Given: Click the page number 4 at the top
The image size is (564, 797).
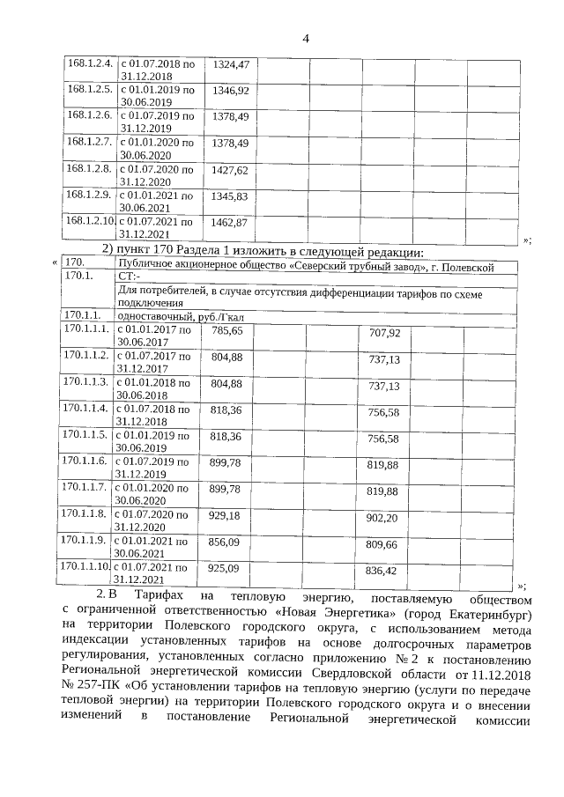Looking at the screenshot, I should (x=306, y=38).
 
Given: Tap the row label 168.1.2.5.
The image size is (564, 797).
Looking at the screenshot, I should (x=89, y=90).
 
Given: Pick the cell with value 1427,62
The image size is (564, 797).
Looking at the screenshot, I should (x=231, y=169).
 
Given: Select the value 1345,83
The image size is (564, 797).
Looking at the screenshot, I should (x=231, y=196).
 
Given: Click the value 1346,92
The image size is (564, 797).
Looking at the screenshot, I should (x=231, y=91).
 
